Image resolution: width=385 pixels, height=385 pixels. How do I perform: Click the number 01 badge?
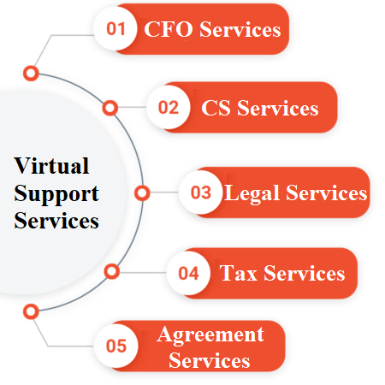click(x=115, y=28)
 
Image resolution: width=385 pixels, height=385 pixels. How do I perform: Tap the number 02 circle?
click(x=169, y=107)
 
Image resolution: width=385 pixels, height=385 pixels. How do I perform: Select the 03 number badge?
click(x=201, y=192)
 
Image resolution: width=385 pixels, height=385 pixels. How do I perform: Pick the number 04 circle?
click(x=188, y=273)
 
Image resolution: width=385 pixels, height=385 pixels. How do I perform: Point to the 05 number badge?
click(x=116, y=346)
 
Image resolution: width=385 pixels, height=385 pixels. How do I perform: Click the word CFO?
click(x=169, y=29)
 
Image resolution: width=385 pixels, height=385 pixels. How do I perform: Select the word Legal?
click(x=252, y=194)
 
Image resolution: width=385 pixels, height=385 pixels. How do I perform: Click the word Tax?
click(x=238, y=273)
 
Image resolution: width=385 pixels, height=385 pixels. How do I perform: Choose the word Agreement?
click(x=210, y=335)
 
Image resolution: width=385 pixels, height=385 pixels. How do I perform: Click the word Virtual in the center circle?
click(x=51, y=165)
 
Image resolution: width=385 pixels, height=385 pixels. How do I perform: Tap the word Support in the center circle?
click(x=56, y=194)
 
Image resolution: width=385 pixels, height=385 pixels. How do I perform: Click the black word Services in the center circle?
click(x=56, y=221)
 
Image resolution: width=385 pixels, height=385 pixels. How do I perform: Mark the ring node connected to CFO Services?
click(x=31, y=74)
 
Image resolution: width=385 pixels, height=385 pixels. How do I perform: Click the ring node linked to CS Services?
click(x=110, y=108)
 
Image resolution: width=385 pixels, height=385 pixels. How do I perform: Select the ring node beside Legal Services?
click(x=142, y=193)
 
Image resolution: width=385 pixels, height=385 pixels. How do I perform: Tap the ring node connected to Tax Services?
click(x=112, y=271)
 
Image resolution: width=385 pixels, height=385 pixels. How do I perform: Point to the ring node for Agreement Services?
click(x=31, y=311)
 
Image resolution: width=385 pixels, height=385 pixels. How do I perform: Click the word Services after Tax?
click(x=305, y=273)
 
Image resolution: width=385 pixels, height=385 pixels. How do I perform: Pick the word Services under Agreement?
click(x=210, y=360)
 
